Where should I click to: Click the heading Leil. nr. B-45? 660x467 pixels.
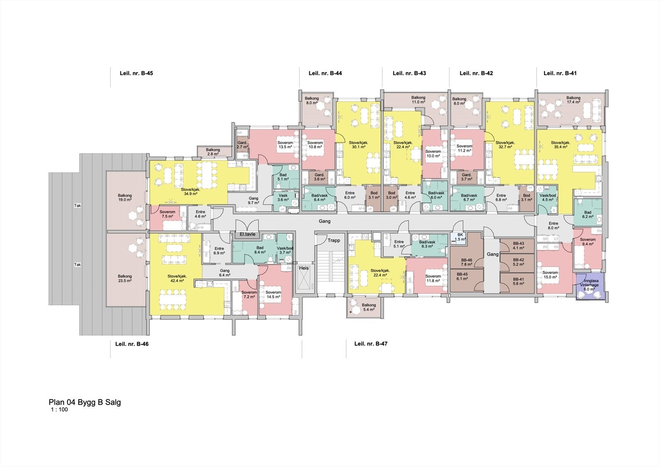click(136, 73)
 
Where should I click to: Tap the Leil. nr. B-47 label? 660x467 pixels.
click(370, 344)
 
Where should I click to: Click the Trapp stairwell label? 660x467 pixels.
click(333, 240)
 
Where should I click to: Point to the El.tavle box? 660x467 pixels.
click(247, 234)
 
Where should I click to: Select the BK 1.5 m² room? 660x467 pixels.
click(461, 237)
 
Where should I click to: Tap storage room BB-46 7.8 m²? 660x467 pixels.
click(466, 262)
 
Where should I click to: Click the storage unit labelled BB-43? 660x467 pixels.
click(518, 246)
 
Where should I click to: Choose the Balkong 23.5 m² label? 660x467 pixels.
click(125, 278)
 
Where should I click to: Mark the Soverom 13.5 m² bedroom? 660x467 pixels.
click(285, 144)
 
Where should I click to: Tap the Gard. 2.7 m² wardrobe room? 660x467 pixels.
click(242, 144)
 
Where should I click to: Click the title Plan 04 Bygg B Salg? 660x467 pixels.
click(85, 402)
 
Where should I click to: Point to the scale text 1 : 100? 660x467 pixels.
click(59, 410)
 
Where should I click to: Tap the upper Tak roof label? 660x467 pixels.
click(77, 205)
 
